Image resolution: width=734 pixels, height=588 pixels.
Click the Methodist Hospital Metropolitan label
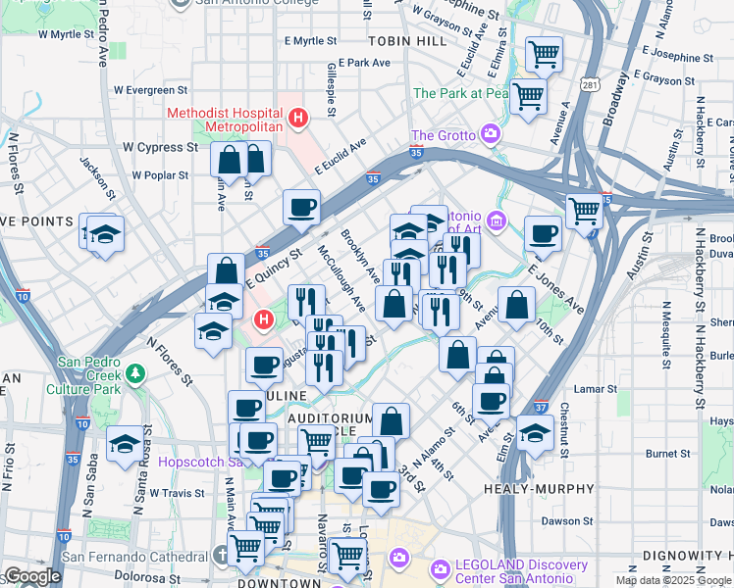click(225, 120)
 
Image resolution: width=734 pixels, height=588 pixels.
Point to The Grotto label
click(443, 135)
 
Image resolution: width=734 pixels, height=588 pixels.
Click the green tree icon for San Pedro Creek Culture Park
click(135, 373)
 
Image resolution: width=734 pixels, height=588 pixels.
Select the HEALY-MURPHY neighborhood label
click(540, 488)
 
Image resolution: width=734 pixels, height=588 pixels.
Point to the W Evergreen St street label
click(149, 89)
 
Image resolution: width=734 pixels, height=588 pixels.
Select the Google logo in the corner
click(31, 576)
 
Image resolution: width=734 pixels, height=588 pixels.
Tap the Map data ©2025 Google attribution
click(673, 580)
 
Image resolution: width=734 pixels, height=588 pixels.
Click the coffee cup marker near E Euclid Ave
click(301, 208)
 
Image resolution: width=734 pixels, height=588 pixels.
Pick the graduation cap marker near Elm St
click(535, 432)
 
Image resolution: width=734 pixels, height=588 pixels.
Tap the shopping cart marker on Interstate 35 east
click(584, 209)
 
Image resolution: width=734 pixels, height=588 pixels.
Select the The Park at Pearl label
click(461, 93)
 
